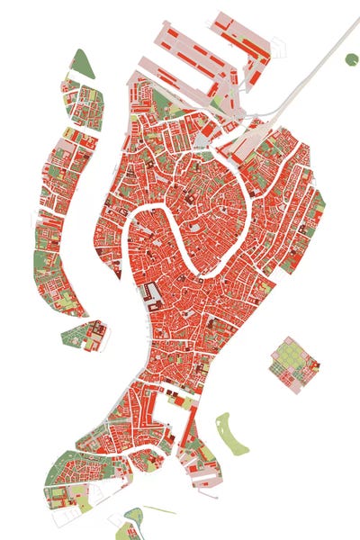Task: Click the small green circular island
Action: click(x=351, y=59)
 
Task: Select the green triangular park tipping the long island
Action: click(x=81, y=63)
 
